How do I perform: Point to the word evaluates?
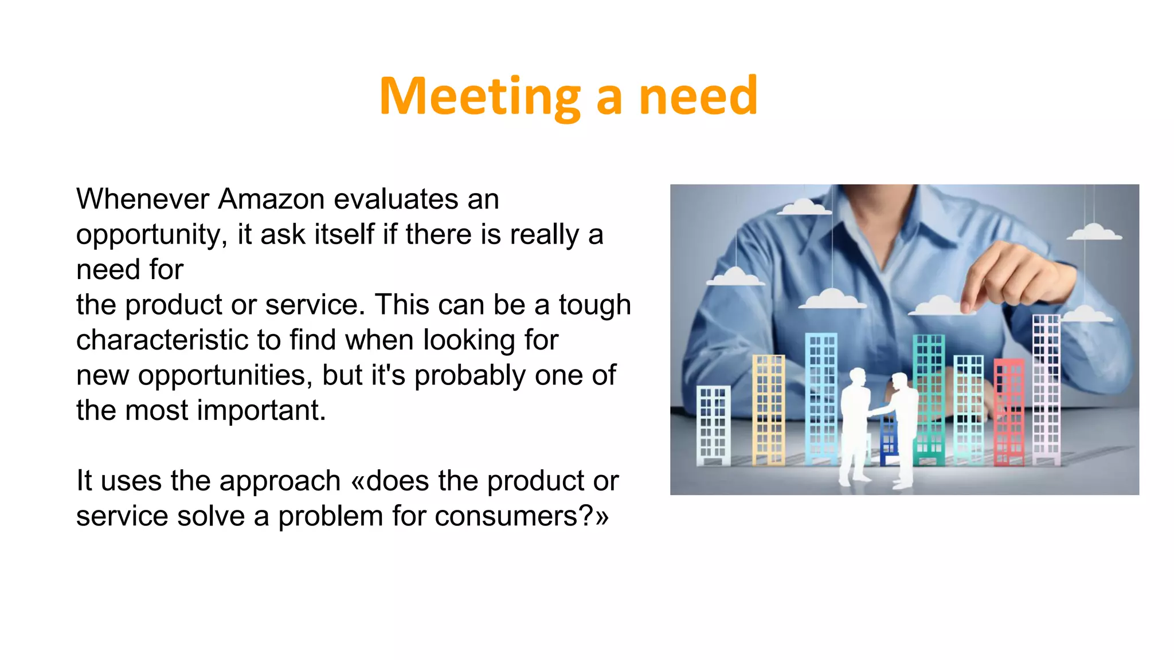coord(396,199)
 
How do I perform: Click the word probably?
coord(469,376)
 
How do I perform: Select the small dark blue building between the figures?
coord(887,438)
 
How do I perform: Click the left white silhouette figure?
coord(855,424)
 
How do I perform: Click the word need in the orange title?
coord(698,96)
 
